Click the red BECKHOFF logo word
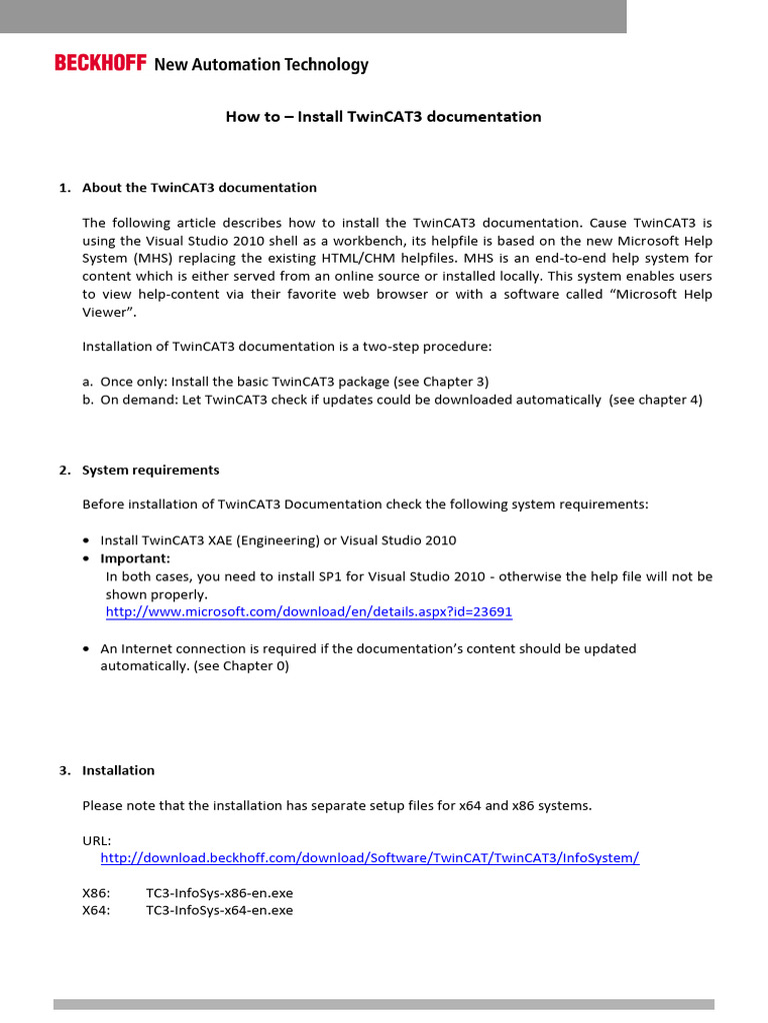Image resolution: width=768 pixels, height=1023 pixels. click(x=100, y=65)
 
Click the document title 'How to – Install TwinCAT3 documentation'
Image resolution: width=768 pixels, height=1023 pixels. click(x=383, y=117)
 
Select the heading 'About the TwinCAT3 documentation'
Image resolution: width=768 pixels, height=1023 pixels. click(x=199, y=188)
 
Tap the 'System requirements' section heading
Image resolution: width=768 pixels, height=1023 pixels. click(x=150, y=471)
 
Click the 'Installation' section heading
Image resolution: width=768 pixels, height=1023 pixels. click(x=118, y=770)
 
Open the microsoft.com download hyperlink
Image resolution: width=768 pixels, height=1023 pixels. click(x=309, y=611)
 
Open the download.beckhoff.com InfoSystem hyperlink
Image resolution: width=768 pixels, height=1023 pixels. click(x=369, y=858)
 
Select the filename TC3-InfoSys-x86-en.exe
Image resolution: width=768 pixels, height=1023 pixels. click(x=219, y=893)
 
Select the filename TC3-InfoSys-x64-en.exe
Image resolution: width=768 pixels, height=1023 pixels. click(x=219, y=911)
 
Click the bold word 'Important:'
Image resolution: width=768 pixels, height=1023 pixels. click(x=135, y=558)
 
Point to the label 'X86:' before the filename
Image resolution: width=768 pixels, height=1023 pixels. click(x=97, y=893)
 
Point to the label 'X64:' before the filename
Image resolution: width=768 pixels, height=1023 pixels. click(x=97, y=911)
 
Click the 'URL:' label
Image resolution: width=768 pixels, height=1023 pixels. click(x=97, y=840)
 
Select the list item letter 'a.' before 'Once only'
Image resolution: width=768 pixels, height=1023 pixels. click(x=88, y=382)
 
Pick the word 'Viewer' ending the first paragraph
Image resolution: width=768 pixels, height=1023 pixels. click(x=105, y=312)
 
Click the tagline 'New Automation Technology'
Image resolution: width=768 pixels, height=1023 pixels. click(x=261, y=65)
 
